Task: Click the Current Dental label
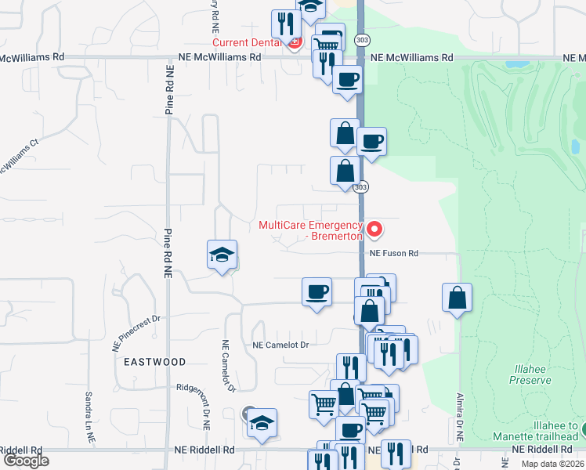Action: (x=247, y=42)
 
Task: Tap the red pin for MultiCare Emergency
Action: (x=375, y=230)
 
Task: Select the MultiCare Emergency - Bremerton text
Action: (x=311, y=230)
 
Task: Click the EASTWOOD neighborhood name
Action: (x=154, y=362)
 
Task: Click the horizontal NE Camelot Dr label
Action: (x=281, y=345)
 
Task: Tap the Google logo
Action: (x=26, y=461)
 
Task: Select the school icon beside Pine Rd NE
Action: (x=222, y=255)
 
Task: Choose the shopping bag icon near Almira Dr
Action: (x=457, y=298)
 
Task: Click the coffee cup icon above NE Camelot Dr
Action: (x=317, y=292)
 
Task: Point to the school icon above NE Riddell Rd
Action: (x=262, y=422)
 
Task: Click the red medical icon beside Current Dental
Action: (x=294, y=42)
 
